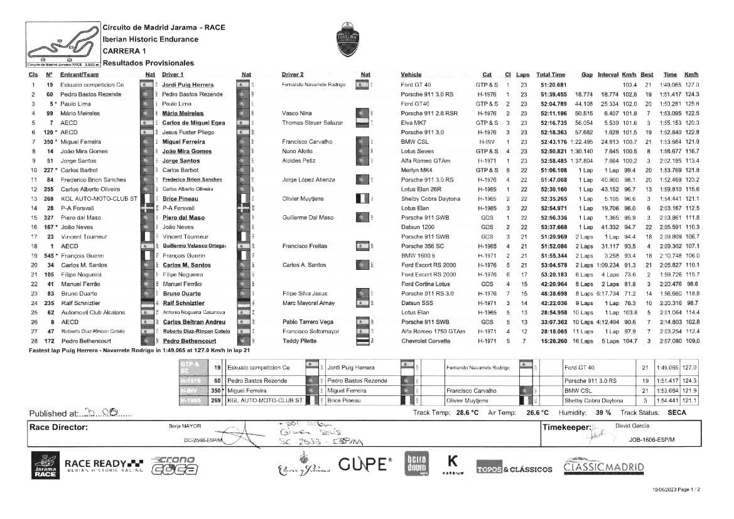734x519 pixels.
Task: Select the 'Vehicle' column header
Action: (411, 75)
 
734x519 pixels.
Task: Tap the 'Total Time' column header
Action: (551, 75)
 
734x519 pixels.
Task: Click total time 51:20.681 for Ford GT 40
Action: (553, 85)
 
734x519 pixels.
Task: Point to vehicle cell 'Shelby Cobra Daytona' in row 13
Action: (430, 198)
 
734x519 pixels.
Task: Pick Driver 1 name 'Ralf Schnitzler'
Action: (181, 303)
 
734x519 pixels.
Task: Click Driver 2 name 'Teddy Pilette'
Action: (299, 341)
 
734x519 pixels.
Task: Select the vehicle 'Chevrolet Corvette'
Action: (426, 341)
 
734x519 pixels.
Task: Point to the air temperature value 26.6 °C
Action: (537, 412)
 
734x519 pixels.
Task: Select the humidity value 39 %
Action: (603, 412)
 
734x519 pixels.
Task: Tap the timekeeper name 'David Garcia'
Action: (633, 426)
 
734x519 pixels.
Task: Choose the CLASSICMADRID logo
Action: (603, 468)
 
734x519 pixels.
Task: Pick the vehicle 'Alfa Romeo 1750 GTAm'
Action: (433, 331)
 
